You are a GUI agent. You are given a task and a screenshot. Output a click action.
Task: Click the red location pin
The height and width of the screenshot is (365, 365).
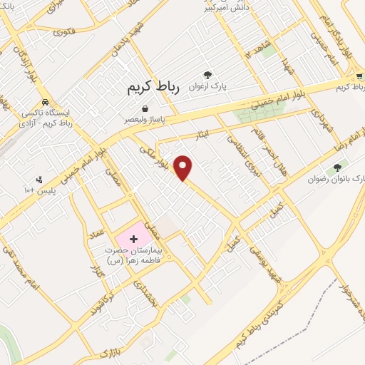click(x=183, y=167)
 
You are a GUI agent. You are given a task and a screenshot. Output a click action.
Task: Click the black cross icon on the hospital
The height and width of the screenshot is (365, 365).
click(x=133, y=239)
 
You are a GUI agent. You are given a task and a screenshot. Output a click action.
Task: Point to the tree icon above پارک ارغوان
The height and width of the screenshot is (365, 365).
click(x=207, y=73)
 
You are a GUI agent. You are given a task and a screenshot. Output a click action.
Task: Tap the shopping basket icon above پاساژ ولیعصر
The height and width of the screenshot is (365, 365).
click(x=145, y=108)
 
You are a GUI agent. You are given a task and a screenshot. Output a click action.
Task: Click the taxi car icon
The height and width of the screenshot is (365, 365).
click(x=45, y=102)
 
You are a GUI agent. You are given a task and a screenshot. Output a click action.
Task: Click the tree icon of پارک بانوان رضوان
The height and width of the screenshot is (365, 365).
click(x=337, y=168)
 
